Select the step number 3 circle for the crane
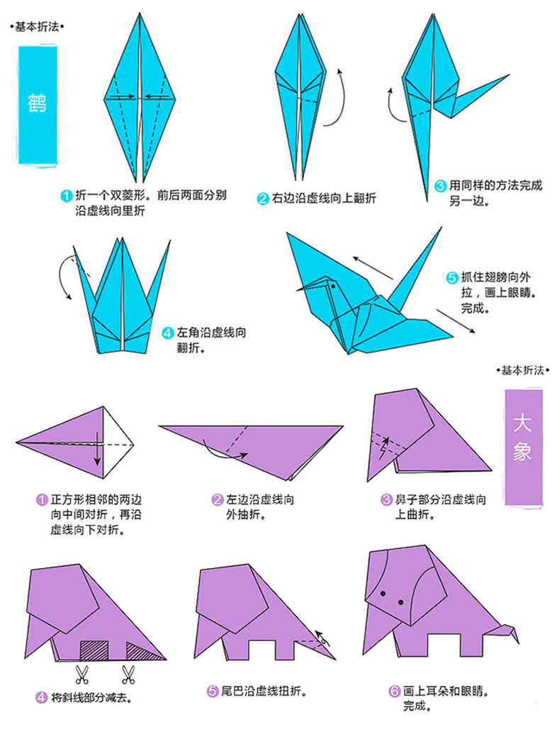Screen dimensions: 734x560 (x=440, y=187)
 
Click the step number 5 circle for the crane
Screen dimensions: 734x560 (x=452, y=277)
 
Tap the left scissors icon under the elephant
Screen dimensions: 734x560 (x=81, y=672)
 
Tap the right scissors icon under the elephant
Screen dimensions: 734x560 (x=128, y=672)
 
